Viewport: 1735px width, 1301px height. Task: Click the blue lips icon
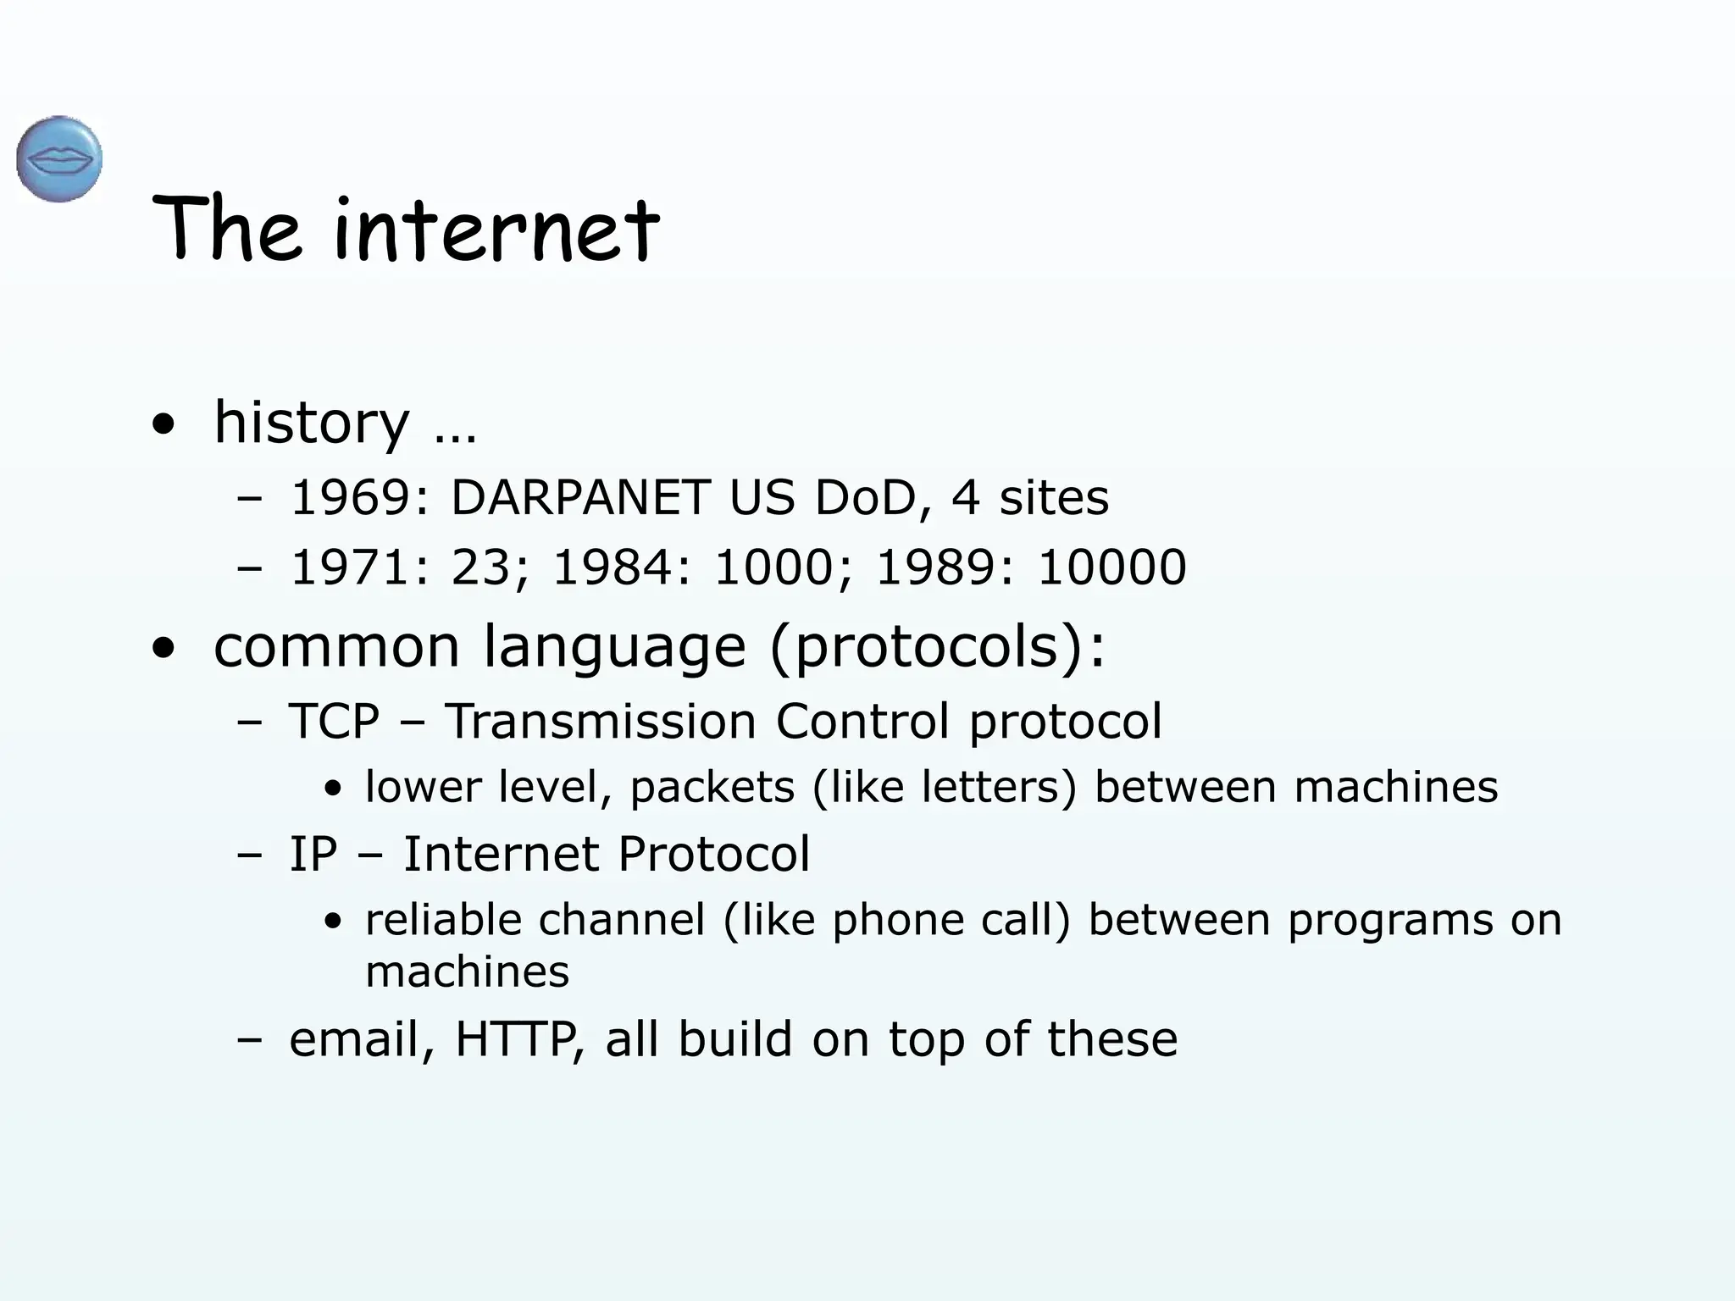point(59,159)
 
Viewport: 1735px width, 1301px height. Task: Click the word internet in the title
point(496,229)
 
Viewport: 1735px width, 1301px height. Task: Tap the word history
point(312,422)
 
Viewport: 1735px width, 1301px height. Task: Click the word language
point(615,648)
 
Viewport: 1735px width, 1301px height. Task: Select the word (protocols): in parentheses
point(938,648)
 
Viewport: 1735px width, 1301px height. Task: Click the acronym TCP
point(334,722)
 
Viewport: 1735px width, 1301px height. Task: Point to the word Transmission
point(601,722)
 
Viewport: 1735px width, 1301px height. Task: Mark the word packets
point(712,788)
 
